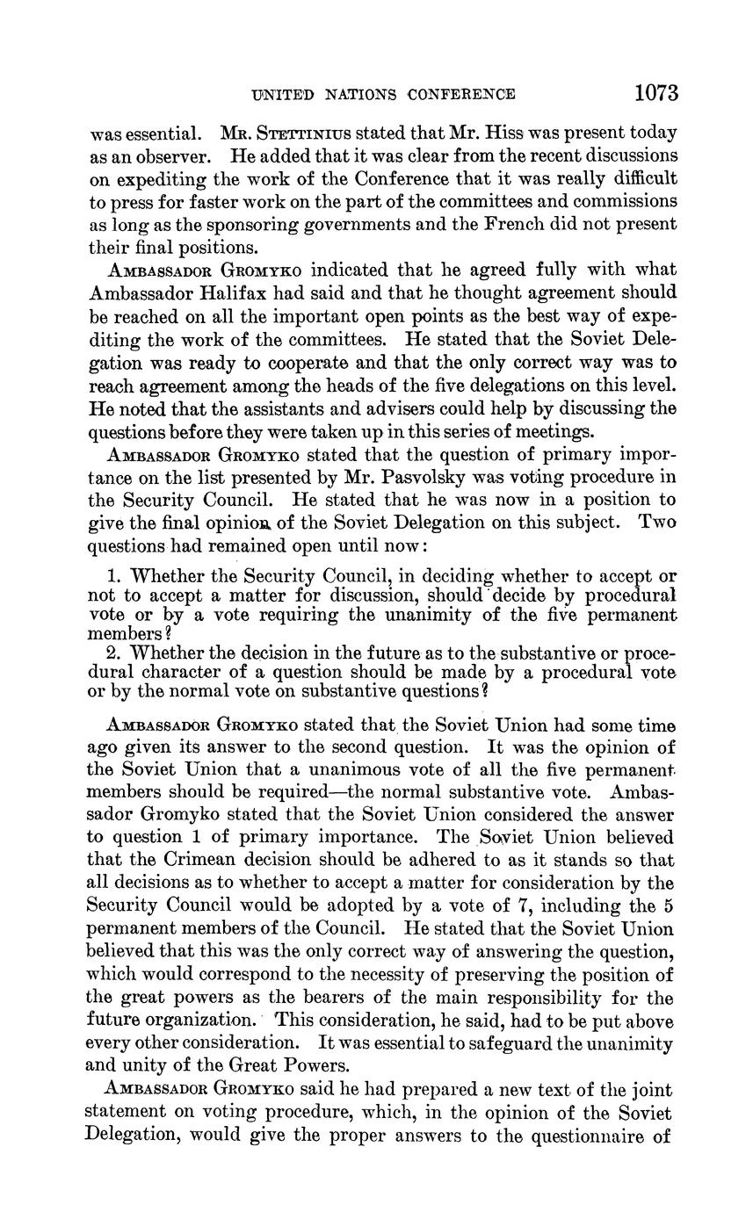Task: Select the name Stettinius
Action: [x=300, y=134]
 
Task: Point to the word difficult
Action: [x=641, y=178]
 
